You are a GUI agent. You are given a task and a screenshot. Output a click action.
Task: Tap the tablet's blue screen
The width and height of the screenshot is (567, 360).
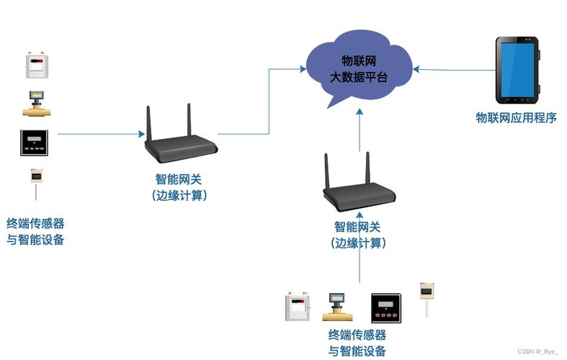pyautogui.click(x=517, y=70)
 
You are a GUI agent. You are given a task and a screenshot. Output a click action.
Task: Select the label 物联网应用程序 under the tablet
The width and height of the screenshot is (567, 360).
pyautogui.click(x=516, y=118)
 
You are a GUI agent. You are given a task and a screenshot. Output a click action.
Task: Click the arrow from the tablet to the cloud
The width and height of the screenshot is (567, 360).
pyautogui.click(x=454, y=70)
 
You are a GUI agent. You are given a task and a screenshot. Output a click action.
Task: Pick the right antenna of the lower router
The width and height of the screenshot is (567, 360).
pyautogui.click(x=369, y=170)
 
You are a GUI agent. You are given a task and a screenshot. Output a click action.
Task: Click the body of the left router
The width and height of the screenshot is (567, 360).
pyautogui.click(x=181, y=149)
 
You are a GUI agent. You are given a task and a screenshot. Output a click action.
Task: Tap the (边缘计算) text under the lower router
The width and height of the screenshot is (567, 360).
pyautogui.click(x=359, y=243)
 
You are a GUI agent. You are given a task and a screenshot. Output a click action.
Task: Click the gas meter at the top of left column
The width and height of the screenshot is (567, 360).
pyautogui.click(x=36, y=66)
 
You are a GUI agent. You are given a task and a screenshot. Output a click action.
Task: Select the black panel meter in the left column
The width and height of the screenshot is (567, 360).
pyautogui.click(x=35, y=143)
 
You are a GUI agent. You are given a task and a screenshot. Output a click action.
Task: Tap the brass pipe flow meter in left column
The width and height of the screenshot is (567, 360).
pyautogui.click(x=35, y=104)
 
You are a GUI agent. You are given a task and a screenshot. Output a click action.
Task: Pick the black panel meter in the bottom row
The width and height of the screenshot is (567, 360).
pyautogui.click(x=385, y=308)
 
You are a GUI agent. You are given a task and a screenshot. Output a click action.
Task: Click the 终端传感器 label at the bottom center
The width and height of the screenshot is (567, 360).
pyautogui.click(x=357, y=335)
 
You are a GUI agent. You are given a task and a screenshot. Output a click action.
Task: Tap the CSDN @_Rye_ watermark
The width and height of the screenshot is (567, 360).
pyautogui.click(x=537, y=351)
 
